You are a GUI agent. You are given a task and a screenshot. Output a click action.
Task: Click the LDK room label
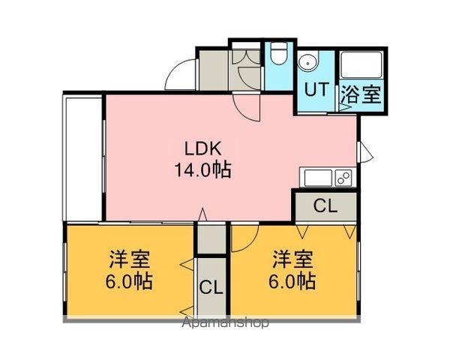[203, 149]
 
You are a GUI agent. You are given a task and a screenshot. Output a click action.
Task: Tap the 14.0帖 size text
[203, 170]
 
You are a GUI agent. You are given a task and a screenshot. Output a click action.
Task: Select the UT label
[316, 89]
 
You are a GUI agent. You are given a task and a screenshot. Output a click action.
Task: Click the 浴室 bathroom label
[361, 94]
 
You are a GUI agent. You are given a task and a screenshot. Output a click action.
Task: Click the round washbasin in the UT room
[307, 61]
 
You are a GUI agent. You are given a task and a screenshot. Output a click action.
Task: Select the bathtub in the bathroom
[361, 65]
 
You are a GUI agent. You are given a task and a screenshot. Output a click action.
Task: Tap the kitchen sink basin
[318, 178]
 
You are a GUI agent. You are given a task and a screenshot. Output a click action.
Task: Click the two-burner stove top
[343, 178]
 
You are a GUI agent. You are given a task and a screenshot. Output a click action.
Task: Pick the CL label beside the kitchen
[325, 205]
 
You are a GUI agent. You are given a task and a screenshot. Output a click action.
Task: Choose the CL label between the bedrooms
[211, 287]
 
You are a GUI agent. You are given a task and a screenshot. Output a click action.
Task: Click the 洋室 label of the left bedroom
[129, 259]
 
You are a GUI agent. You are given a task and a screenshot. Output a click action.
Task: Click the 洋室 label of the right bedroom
[292, 259]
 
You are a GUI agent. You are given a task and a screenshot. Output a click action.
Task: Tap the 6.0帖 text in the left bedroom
[129, 281]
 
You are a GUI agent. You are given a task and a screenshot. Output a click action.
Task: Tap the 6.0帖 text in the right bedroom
[292, 281]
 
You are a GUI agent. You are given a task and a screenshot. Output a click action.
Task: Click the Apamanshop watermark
[226, 322]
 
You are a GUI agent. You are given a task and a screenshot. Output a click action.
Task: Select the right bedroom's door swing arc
[250, 243]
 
